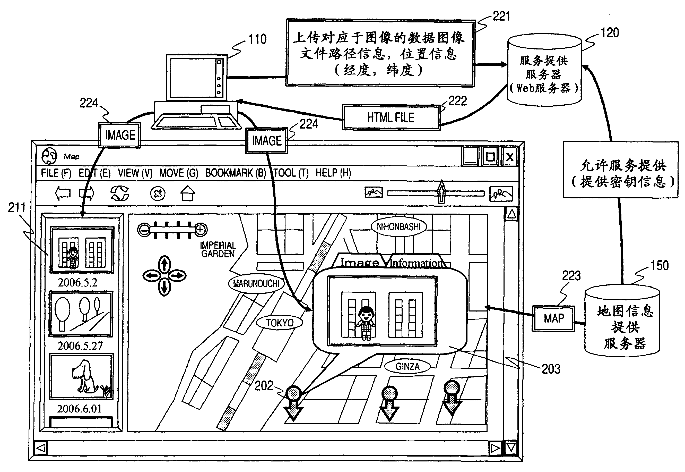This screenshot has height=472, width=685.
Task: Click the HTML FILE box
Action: pos(391,117)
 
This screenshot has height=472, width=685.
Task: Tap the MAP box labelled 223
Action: pos(553,318)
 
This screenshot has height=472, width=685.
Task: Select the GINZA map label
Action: pos(407,367)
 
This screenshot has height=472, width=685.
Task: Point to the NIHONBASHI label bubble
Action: pos(398,227)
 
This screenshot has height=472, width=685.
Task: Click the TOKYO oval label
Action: pos(280,323)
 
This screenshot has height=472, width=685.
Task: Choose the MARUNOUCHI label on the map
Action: pos(256,284)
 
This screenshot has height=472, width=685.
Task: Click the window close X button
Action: pos(510,157)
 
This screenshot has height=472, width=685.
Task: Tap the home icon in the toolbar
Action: pos(188,194)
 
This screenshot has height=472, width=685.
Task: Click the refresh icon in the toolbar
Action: pos(120,194)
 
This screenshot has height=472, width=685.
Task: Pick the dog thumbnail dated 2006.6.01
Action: pos(81,376)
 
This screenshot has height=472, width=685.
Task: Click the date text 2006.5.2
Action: pos(77,283)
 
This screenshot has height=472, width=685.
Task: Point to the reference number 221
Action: pos(501,16)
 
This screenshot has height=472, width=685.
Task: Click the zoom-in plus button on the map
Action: pos(200,230)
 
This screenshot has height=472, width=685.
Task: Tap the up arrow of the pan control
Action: pos(164,264)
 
